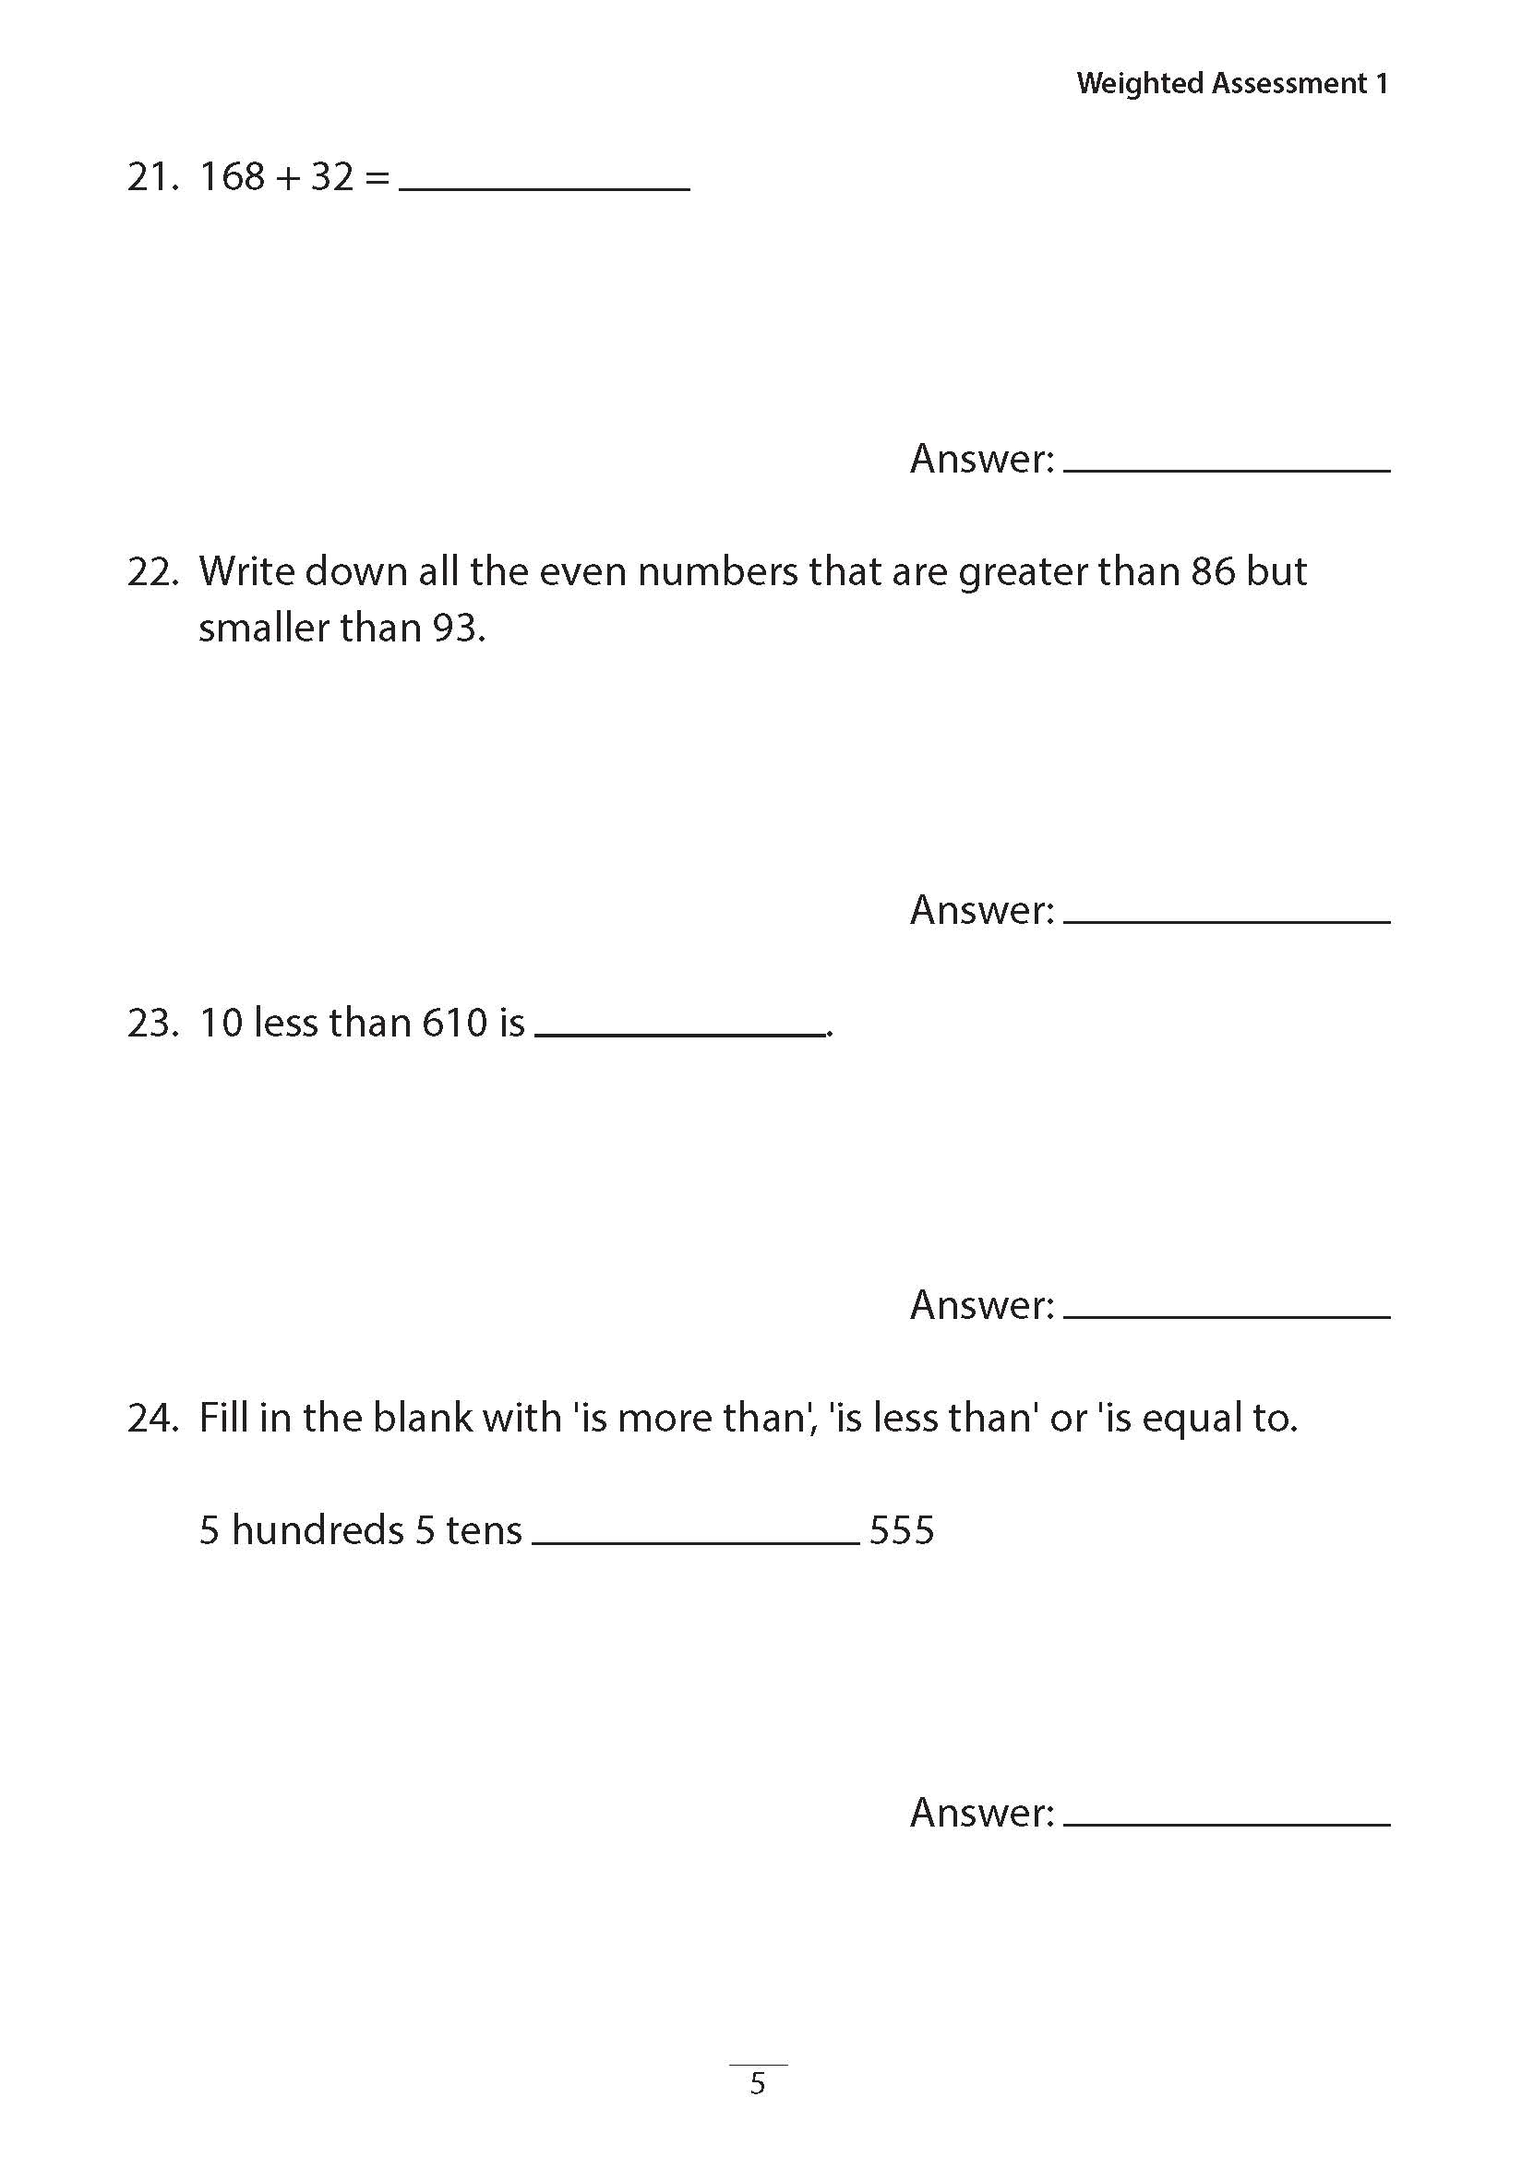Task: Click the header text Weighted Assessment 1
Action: (1231, 84)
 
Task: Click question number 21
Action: (152, 176)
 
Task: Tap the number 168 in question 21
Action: (232, 176)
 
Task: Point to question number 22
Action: (152, 572)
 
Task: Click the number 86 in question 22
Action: (1212, 572)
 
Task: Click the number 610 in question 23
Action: (455, 1023)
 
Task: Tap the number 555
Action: (901, 1530)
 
